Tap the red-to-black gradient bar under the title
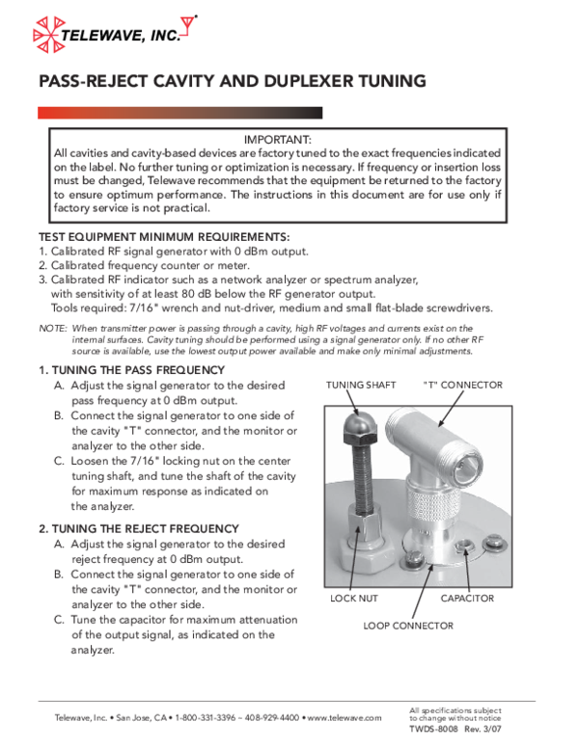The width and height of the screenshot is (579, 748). [179, 113]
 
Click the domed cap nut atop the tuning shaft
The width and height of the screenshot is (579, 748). [357, 420]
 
